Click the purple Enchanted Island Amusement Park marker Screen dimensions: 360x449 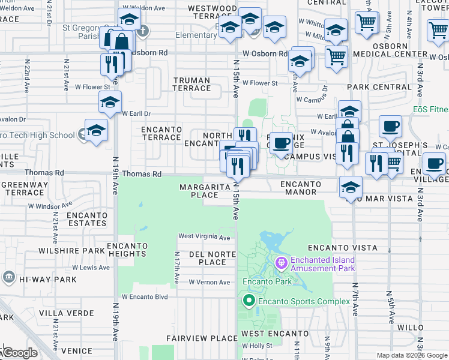click(281, 263)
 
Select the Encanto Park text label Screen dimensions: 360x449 click(267, 281)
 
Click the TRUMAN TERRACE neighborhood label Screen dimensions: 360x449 click(191, 84)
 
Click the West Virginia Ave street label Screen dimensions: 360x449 click(204, 238)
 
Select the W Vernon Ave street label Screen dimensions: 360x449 click(209, 282)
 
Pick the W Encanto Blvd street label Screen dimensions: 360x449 click(145, 296)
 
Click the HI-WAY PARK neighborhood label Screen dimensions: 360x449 click(47, 280)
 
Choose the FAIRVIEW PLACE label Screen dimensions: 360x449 click(202, 338)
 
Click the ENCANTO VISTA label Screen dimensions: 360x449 click(342, 248)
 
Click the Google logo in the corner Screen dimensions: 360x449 click(19, 352)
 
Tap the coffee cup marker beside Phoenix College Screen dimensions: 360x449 click(281, 144)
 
